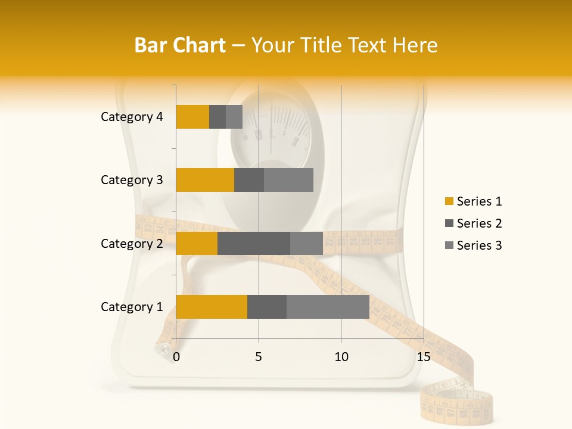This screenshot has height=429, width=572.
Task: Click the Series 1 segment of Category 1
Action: [212, 307]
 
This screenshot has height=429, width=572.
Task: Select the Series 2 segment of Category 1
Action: [267, 307]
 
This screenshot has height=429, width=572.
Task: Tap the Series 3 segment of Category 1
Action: [328, 307]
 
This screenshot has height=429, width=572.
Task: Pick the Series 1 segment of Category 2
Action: [197, 243]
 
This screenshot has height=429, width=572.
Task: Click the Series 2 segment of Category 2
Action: [254, 243]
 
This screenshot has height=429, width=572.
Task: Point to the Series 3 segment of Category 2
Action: [306, 243]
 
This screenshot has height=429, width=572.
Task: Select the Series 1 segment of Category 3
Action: [205, 180]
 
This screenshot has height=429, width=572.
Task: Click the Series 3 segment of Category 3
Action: [288, 180]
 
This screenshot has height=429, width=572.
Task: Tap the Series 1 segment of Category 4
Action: [192, 117]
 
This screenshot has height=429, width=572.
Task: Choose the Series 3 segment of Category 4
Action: [234, 117]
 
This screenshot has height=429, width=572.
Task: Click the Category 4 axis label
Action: [132, 117]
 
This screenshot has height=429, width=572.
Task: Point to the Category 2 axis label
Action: [132, 243]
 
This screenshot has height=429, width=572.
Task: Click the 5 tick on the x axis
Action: [259, 357]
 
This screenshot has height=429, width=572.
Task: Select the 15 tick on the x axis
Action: [423, 357]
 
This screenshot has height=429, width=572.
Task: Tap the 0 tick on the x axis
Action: [176, 357]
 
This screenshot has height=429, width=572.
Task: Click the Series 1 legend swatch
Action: [449, 201]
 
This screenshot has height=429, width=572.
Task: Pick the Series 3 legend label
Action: [479, 245]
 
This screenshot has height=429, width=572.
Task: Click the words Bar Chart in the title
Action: [180, 45]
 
